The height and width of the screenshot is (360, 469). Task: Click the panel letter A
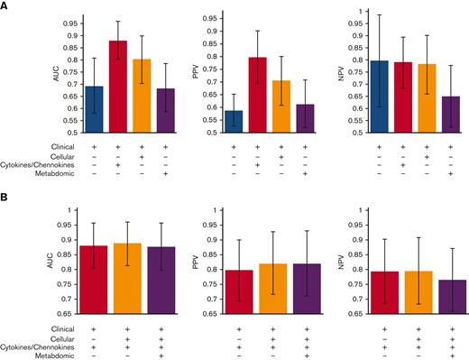6,5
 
